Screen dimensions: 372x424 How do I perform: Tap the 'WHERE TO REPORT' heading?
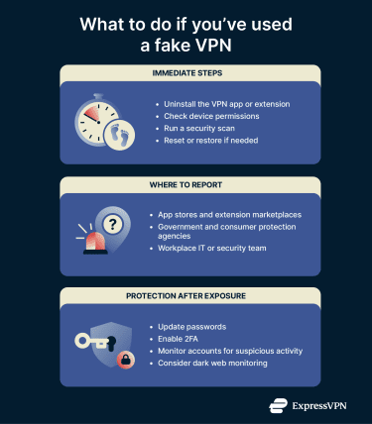[x=186, y=184]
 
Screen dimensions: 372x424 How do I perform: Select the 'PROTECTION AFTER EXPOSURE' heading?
[x=186, y=295]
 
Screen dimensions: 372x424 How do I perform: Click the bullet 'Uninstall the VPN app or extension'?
[x=231, y=103]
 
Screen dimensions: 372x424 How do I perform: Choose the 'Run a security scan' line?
[x=202, y=129]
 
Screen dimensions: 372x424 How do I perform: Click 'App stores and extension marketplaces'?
[x=235, y=215]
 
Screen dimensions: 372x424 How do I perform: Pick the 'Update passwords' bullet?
[x=193, y=326]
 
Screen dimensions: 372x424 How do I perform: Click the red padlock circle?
[x=126, y=358]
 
